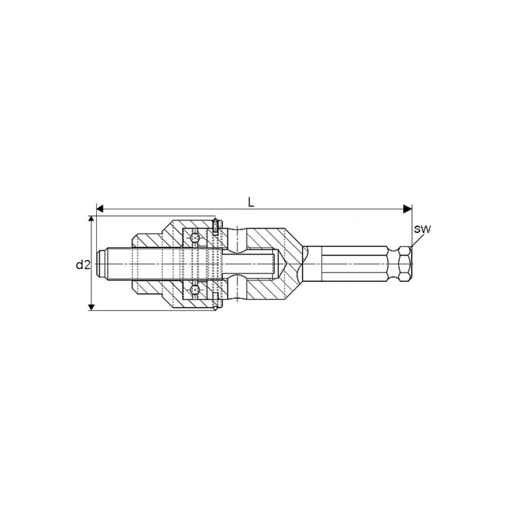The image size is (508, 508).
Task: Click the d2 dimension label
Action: pos(82,265)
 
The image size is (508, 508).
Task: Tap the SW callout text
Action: pos(423,228)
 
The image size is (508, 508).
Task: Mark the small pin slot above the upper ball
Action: pos(215,226)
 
